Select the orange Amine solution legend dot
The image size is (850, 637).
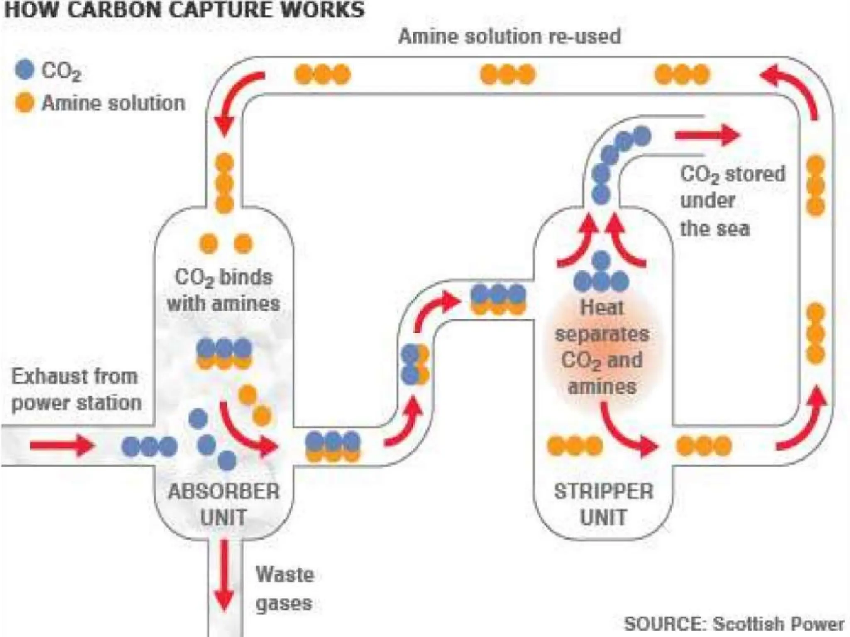(x=24, y=102)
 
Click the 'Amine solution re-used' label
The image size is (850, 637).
(x=509, y=36)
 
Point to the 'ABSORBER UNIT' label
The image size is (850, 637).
(x=223, y=504)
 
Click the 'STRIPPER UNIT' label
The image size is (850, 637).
(x=603, y=504)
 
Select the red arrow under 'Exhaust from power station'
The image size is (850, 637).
(x=62, y=446)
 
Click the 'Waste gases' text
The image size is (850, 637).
(x=284, y=588)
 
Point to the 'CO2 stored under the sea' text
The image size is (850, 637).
(x=733, y=201)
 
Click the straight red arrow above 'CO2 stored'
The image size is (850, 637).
(x=708, y=135)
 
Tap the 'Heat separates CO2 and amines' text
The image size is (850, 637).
(x=602, y=347)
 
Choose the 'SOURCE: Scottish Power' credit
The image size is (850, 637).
(x=734, y=624)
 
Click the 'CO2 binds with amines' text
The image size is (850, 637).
(x=223, y=290)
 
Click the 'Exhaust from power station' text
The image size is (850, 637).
(x=76, y=390)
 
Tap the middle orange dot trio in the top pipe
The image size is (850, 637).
(x=508, y=75)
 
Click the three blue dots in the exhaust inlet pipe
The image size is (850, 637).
(x=149, y=447)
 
